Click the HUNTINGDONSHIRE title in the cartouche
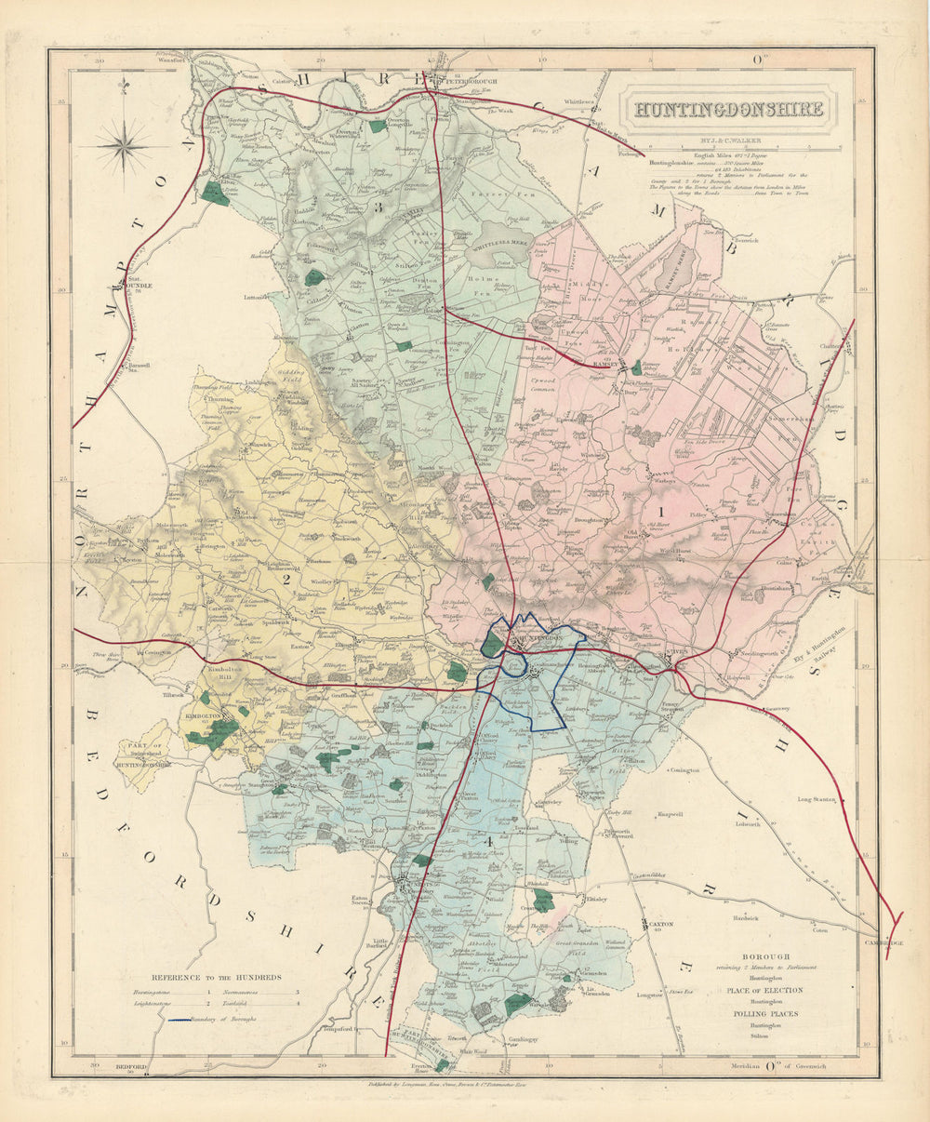coord(728,109)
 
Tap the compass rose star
coord(123,146)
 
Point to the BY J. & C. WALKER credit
coord(728,141)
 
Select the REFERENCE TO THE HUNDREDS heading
coord(215,977)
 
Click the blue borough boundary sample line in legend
coord(187,1020)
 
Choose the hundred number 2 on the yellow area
coord(286,579)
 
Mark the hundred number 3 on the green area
coord(378,207)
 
